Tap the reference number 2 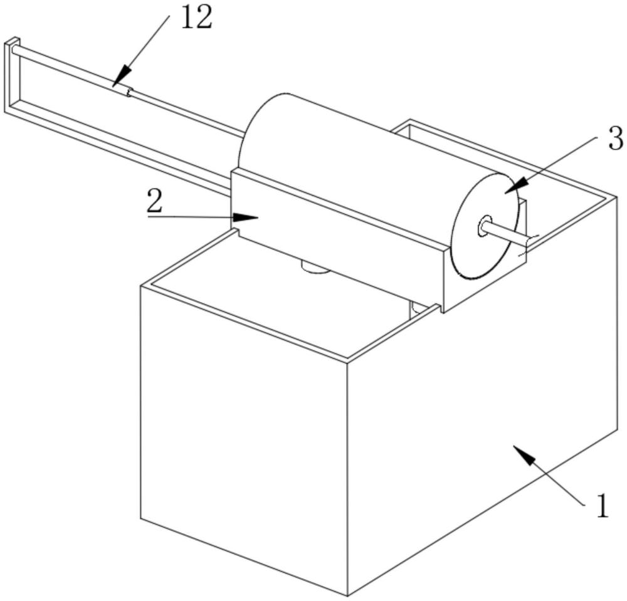(x=155, y=201)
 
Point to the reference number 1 (x=602, y=506)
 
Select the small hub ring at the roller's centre (x=485, y=226)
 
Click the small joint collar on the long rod (x=129, y=93)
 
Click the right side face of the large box (x=483, y=401)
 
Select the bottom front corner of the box (x=349, y=593)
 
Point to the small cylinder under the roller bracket (x=315, y=268)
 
